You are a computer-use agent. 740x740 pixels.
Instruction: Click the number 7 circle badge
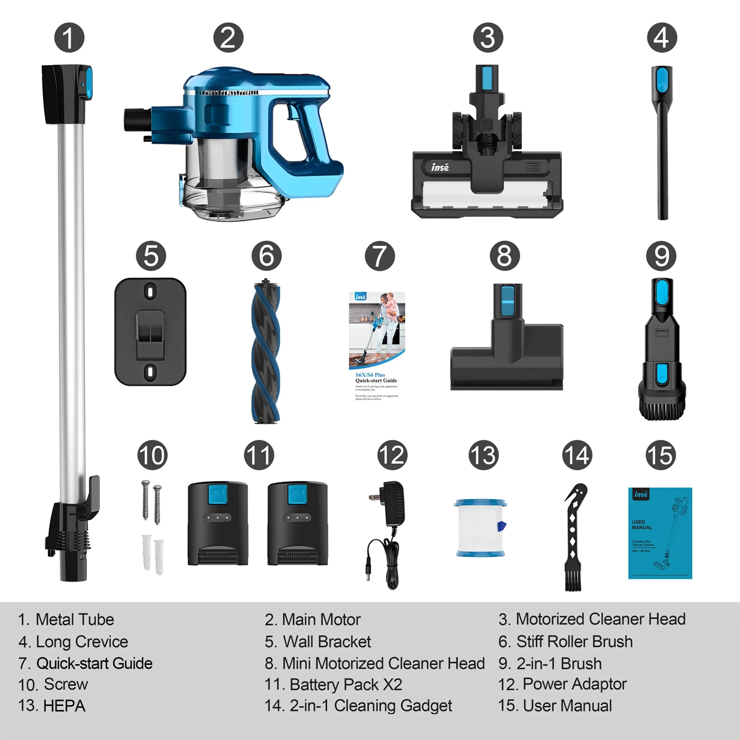tap(380, 256)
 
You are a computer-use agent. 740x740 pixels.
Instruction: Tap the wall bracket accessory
tap(150, 332)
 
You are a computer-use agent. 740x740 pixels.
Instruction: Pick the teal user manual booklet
tap(660, 533)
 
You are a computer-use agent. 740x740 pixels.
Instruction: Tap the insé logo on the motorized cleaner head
tap(440, 167)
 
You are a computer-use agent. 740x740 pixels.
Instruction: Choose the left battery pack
tap(218, 524)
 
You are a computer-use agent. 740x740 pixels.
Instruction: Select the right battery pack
tap(297, 524)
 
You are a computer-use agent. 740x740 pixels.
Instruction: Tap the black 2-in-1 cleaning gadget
tap(573, 536)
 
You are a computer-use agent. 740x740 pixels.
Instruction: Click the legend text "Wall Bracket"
tap(327, 642)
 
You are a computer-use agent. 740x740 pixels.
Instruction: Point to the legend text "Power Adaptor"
tap(575, 684)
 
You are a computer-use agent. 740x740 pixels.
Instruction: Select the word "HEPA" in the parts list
tap(64, 706)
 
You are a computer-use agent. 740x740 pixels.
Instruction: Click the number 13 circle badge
tap(483, 455)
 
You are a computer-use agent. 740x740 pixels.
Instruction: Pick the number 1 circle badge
tap(69, 38)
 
